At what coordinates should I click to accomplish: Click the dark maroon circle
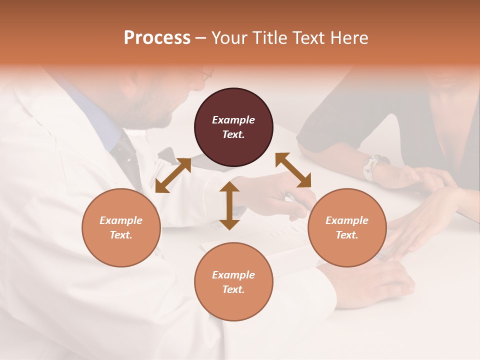pyautogui.click(x=233, y=127)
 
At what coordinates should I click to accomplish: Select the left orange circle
pyautogui.click(x=121, y=227)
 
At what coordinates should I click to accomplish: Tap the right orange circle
pyautogui.click(x=347, y=227)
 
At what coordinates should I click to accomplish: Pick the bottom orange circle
pyautogui.click(x=233, y=282)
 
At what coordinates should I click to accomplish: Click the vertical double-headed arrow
pyautogui.click(x=229, y=205)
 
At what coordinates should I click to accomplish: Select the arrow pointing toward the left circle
pyautogui.click(x=173, y=175)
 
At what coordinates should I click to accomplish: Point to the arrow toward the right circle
pyautogui.click(x=293, y=170)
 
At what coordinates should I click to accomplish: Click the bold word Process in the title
pyautogui.click(x=157, y=37)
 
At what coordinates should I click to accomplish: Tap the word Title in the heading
pyautogui.click(x=269, y=37)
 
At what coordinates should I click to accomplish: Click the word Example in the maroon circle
pyautogui.click(x=233, y=120)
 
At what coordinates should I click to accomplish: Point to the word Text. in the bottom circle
pyautogui.click(x=233, y=289)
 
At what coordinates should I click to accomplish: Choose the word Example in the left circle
pyautogui.click(x=121, y=220)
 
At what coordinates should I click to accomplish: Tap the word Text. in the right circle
pyautogui.click(x=347, y=235)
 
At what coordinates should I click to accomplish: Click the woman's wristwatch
pyautogui.click(x=373, y=165)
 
